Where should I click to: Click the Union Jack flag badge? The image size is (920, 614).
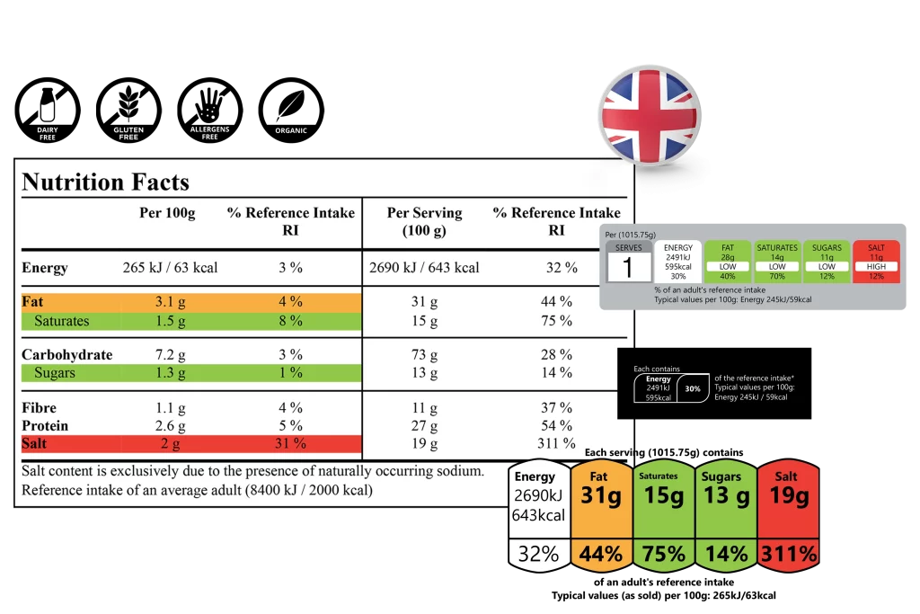pos(650,115)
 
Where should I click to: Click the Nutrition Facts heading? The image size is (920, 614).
pos(105,182)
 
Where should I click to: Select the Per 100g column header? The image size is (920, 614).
pos(167,213)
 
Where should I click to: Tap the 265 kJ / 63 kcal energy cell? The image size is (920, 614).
pos(170,267)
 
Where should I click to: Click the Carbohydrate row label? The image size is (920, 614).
pos(66,354)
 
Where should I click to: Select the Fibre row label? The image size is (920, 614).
pos(40,407)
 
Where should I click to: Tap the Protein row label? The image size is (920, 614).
pos(45,425)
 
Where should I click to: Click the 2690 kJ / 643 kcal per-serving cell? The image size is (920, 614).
pos(424,267)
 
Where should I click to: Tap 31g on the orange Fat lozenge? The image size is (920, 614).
pos(601,496)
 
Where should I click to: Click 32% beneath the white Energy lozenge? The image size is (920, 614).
pos(538,555)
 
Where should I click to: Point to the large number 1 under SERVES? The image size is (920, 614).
pos(628,267)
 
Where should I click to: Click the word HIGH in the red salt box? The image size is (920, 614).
pos(876,267)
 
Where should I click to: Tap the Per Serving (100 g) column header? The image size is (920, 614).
pos(424,221)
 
